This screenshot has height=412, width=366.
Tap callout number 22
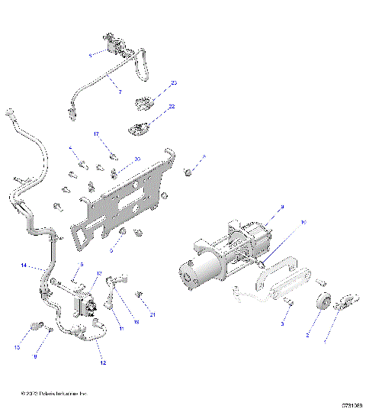pyautogui.click(x=172, y=107)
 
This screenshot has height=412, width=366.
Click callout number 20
pyautogui.click(x=137, y=159)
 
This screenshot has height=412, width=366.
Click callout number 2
pyautogui.click(x=307, y=334)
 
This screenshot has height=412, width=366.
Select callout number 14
pyautogui.click(x=23, y=266)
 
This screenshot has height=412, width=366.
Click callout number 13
pyautogui.click(x=98, y=273)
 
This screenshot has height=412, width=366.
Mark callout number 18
pyautogui.click(x=136, y=323)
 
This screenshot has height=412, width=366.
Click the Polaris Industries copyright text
pyautogui.click(x=55, y=394)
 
